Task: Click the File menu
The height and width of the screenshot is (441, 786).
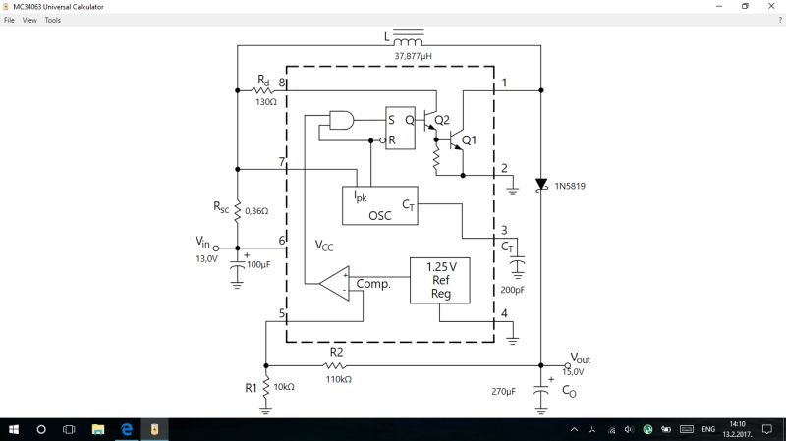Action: point(9,20)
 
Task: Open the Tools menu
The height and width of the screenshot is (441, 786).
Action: point(52,20)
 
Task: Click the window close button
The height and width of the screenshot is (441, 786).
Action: point(771,6)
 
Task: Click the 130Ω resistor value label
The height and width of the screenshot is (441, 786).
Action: point(265,101)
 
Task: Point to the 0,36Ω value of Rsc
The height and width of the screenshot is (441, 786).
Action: point(255,210)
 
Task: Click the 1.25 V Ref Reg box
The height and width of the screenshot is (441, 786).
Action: point(439,280)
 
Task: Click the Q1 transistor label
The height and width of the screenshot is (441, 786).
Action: point(470,139)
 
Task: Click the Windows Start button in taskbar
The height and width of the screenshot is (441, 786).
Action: point(14,429)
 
